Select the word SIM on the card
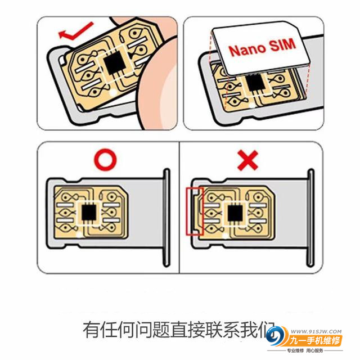281,46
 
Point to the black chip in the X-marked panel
234,213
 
